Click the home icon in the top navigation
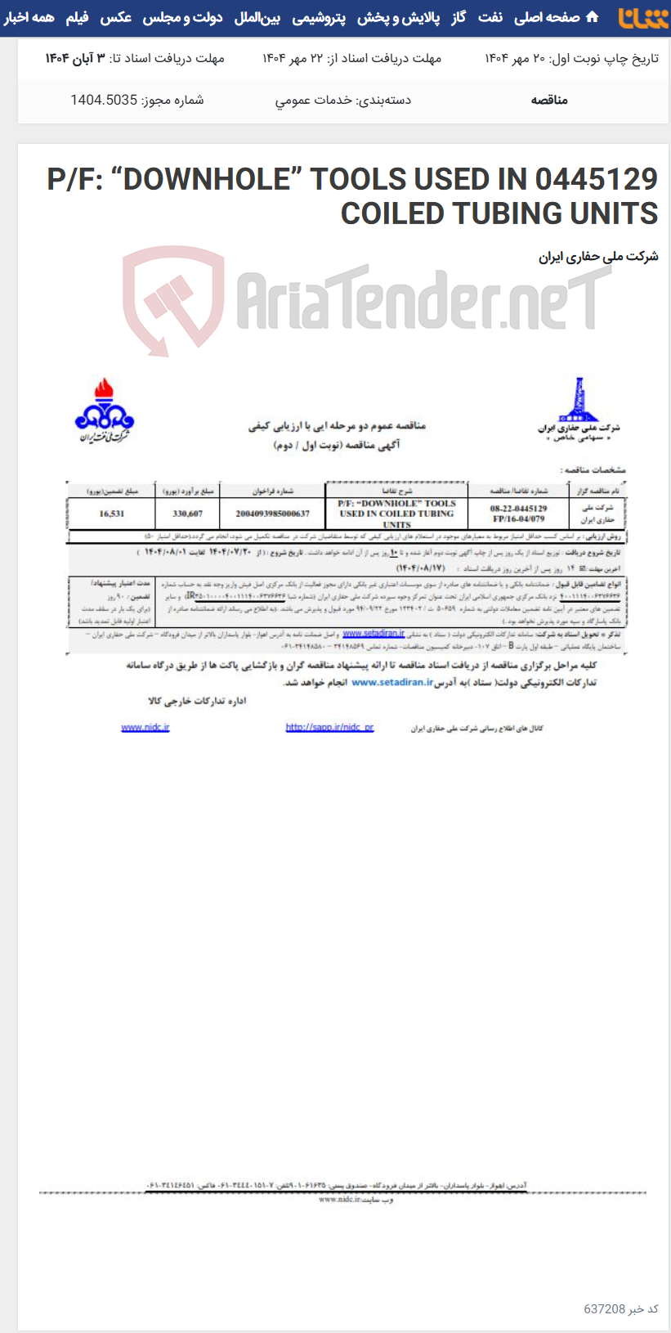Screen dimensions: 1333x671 point(593,17)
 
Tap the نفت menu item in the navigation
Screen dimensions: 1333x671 point(490,17)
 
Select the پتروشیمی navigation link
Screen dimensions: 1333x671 point(319,17)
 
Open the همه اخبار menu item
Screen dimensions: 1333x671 point(29,17)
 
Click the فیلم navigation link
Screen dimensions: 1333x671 point(77,17)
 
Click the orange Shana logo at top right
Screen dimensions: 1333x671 point(643,18)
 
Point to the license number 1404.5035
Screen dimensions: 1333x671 point(104,100)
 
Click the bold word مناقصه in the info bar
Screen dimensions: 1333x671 point(549,100)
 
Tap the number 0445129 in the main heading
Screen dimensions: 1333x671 point(597,178)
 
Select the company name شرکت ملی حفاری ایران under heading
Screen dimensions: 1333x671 point(598,257)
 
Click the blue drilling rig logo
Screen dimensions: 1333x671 point(579,403)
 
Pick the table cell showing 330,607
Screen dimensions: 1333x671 point(187,514)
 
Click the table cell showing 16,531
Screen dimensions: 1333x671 point(111,514)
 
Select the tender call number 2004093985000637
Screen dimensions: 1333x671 point(272,514)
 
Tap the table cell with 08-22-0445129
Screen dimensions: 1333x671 point(518,509)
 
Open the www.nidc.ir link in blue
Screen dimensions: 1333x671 point(145,727)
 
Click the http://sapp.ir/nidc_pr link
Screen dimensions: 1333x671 point(329,727)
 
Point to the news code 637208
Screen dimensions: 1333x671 point(604,1308)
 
